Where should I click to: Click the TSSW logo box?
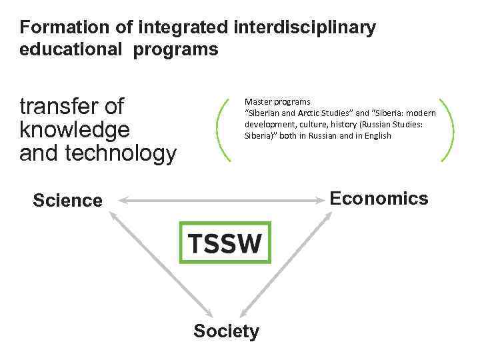click(x=225, y=242)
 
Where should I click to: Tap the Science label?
click(x=67, y=201)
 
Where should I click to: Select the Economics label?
click(x=379, y=199)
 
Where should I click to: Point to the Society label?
click(x=226, y=331)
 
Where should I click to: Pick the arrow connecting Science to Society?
click(x=160, y=263)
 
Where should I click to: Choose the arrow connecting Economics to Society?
click(x=287, y=263)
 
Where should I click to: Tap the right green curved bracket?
click(x=447, y=130)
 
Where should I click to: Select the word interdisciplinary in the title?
click(x=305, y=28)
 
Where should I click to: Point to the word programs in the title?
click(x=175, y=49)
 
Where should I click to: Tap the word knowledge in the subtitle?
click(x=75, y=129)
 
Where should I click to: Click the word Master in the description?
click(x=259, y=102)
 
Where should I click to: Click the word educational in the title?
click(x=70, y=49)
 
